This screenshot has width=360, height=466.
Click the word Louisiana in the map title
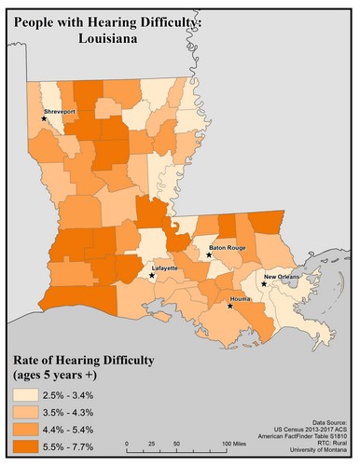99,42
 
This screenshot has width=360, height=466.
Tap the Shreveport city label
57,110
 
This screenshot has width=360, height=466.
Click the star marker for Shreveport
43,117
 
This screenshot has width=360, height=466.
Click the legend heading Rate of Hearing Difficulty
81,361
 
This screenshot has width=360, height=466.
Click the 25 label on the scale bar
152,444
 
